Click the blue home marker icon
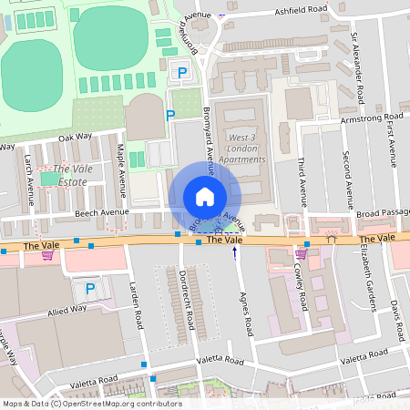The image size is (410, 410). point(205,196)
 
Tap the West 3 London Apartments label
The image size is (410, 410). point(242,148)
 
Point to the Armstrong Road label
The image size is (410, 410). point(370,118)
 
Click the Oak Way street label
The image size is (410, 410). point(75,137)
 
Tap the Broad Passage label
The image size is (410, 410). point(383,214)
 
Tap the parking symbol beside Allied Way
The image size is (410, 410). point(89,289)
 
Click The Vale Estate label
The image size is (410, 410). point(69,176)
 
